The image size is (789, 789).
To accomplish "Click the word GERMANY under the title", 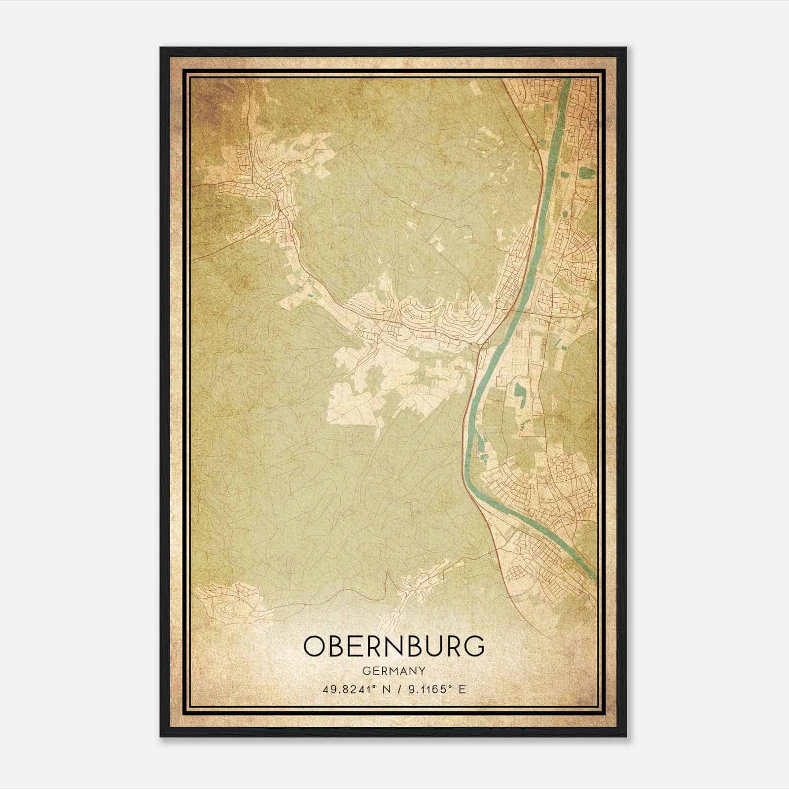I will click(394, 671).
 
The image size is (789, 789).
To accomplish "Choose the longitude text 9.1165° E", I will click(435, 689).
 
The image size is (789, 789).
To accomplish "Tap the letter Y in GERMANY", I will click(422, 671).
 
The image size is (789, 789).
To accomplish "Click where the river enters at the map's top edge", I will click(567, 80).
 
